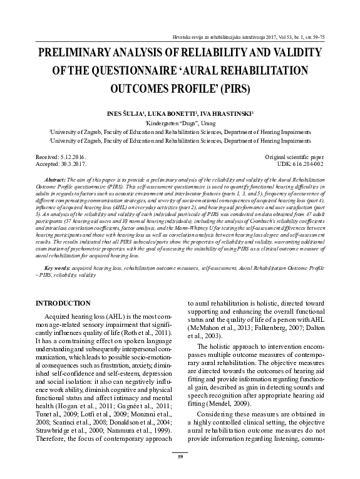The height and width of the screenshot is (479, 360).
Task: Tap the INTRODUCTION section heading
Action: tap(63, 304)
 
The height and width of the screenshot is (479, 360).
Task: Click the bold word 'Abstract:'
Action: tap(50, 178)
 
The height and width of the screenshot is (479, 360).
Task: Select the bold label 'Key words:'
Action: tap(51, 267)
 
